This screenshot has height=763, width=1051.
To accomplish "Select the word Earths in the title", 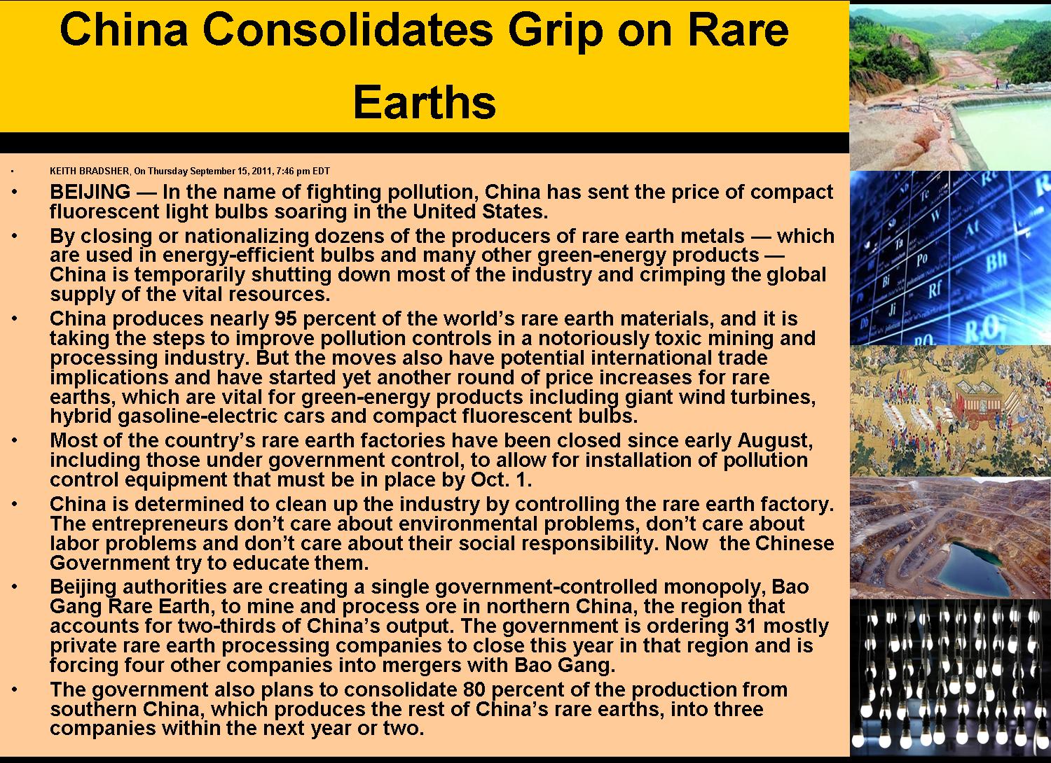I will pos(425,101).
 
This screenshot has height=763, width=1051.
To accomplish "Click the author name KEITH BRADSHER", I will pos(90,171).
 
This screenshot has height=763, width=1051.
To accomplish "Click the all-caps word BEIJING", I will pos(90,192).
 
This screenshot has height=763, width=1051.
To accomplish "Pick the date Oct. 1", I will pos(500,479).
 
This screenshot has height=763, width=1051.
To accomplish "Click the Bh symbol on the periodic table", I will pos(996,264).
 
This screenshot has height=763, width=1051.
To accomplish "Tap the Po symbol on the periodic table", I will pos(922,259).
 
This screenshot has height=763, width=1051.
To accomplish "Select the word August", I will pos(774,440).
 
